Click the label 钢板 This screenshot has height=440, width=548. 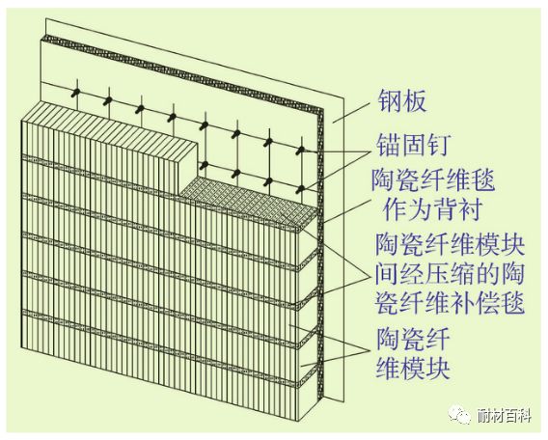click(402, 101)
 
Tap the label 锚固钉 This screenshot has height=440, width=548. click(412, 145)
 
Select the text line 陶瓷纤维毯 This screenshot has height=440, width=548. click(433, 179)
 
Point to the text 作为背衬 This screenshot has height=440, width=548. click(432, 208)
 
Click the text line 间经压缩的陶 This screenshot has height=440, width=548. click(450, 274)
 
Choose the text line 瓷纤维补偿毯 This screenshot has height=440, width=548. click(450, 303)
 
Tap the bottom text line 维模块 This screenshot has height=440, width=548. click(412, 368)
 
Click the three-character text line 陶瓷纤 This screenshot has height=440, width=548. click(412, 339)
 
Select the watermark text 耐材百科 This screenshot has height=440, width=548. click(504, 416)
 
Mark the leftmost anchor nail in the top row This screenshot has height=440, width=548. click(76, 93)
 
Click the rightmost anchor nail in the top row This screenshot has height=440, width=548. click(300, 151)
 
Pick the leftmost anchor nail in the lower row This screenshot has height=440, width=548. click(205, 165)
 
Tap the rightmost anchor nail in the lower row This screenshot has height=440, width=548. click(301, 190)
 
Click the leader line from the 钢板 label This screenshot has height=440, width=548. click(351, 112)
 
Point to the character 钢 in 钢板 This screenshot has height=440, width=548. click(390, 101)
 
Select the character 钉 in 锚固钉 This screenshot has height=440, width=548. click(437, 145)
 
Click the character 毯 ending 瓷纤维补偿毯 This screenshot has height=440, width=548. click(512, 303)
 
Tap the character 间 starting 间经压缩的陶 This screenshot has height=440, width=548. click(387, 274)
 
